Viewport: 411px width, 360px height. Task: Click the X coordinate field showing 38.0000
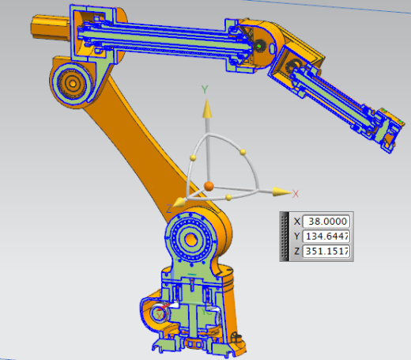326,222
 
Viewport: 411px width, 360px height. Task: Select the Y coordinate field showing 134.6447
326,236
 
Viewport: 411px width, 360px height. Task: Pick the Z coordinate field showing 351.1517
326,251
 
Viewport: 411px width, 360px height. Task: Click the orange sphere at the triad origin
209,186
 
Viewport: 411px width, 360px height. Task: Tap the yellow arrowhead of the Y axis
207,108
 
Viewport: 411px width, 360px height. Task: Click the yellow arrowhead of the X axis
281,191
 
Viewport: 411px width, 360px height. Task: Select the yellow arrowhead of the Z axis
179,203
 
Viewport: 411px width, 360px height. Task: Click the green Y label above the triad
205,89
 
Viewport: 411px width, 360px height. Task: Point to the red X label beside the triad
296,194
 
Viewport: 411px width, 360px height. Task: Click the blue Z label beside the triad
169,209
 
